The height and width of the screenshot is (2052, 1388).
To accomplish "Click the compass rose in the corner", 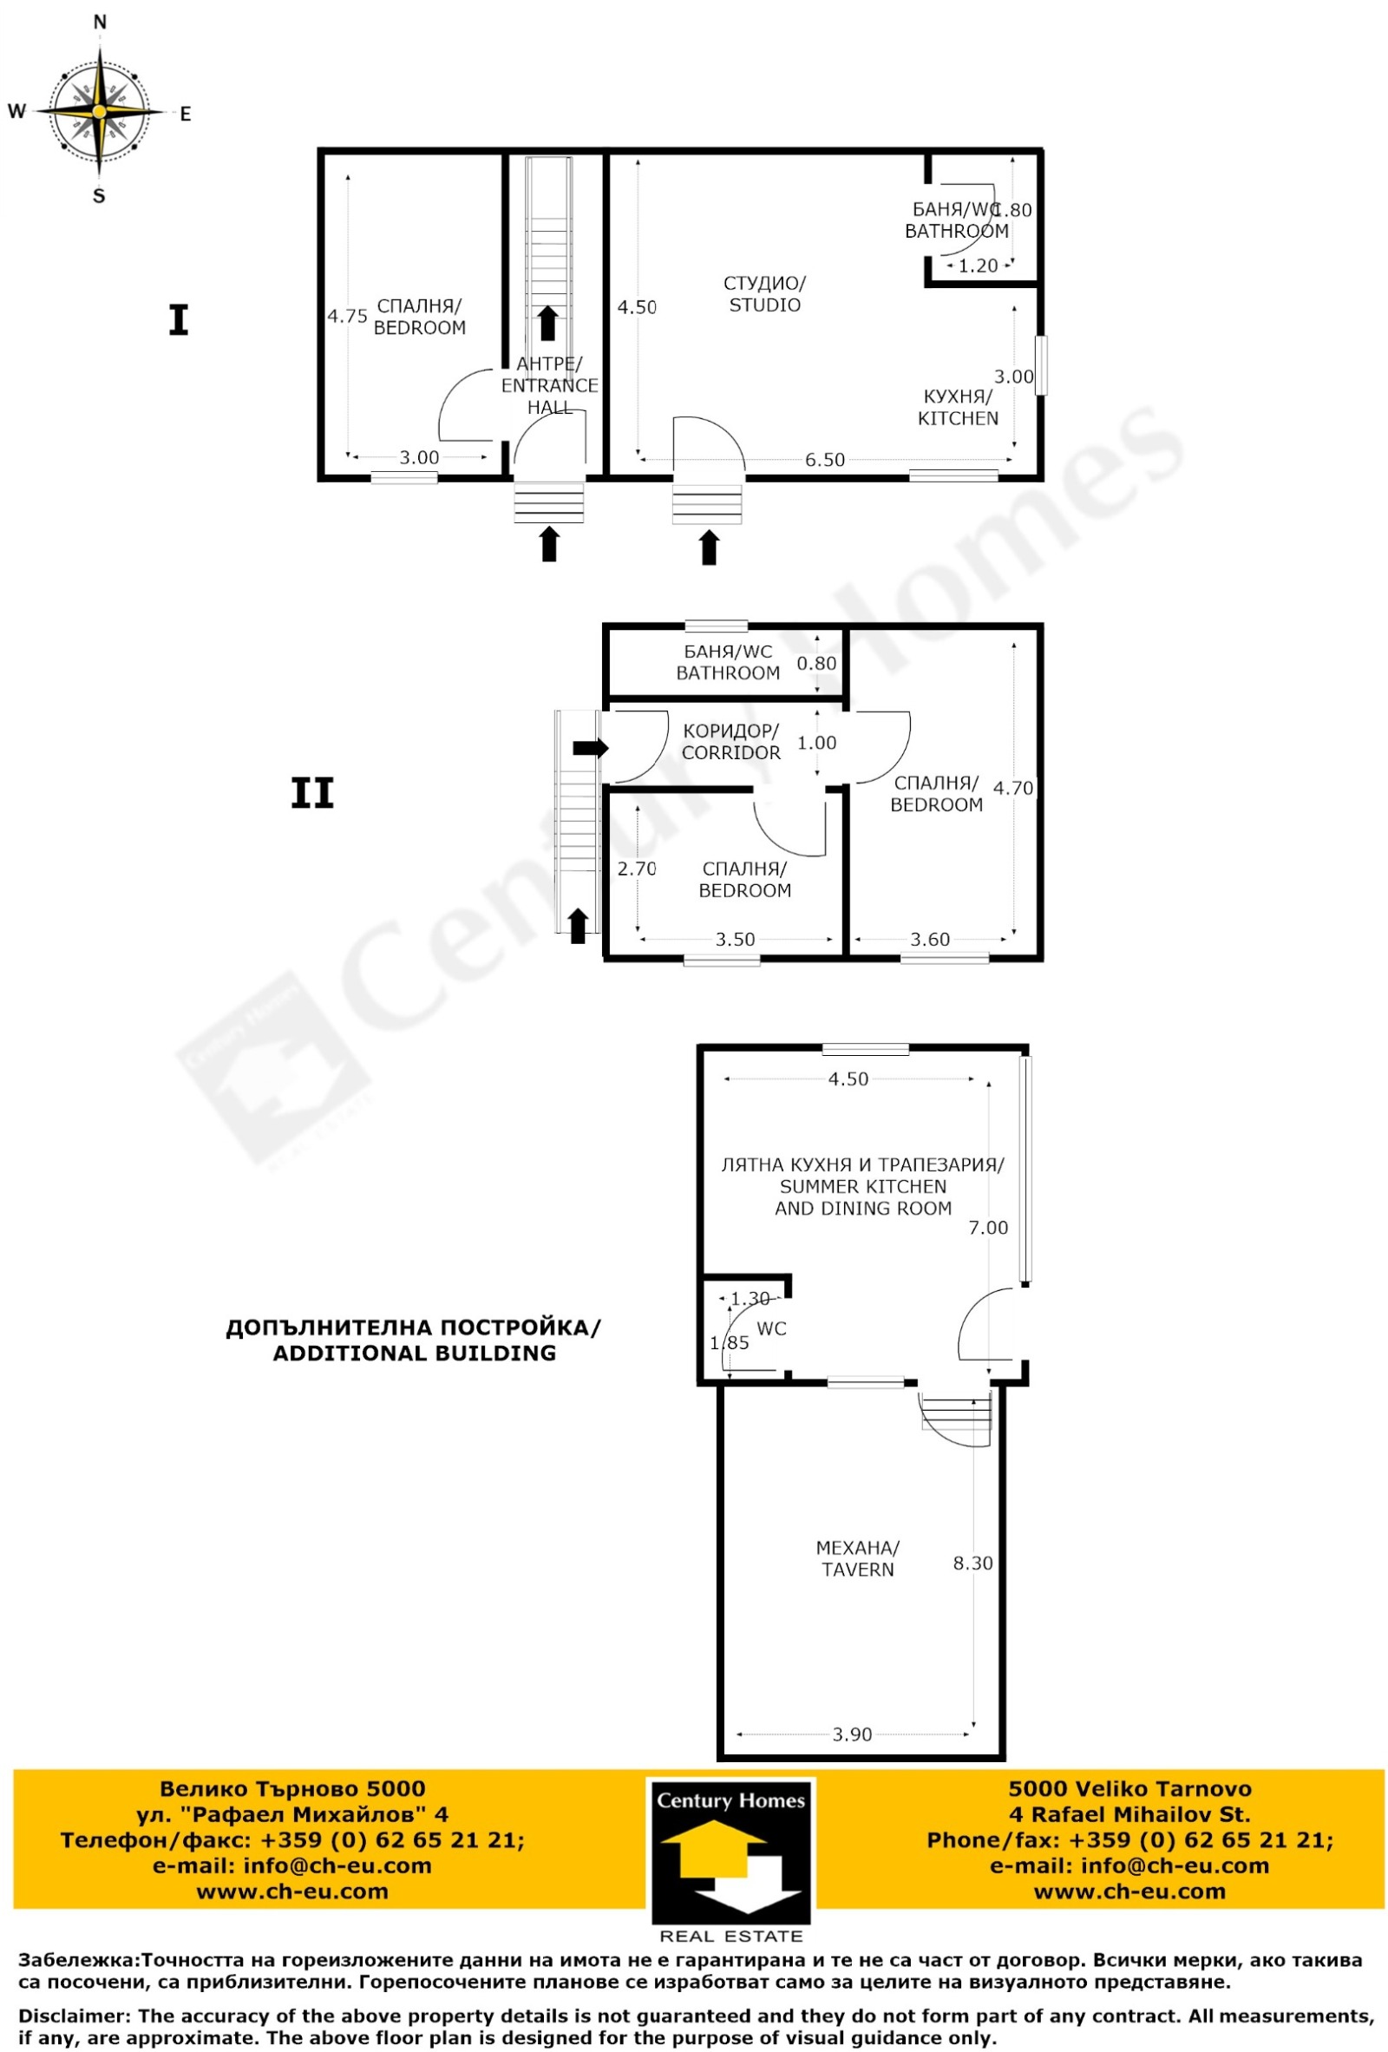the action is (x=100, y=112).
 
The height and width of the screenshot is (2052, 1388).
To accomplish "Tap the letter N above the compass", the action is (x=100, y=22).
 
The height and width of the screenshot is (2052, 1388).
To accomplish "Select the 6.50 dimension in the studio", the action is (x=825, y=460).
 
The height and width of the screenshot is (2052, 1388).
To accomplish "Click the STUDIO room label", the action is (x=764, y=294).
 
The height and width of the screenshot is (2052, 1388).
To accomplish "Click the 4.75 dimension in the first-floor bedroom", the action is (x=348, y=316).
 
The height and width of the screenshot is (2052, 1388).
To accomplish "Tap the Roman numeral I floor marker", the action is (x=179, y=320).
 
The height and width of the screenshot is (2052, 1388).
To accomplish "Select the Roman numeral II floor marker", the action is (x=312, y=794).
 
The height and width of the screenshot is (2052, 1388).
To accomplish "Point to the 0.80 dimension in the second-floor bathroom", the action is (x=816, y=663).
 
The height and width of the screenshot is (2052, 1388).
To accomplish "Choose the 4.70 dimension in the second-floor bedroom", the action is (x=1012, y=788).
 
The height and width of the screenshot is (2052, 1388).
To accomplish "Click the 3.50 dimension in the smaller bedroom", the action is (x=735, y=940).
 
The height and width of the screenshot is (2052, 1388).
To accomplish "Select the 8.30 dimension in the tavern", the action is (x=972, y=1563).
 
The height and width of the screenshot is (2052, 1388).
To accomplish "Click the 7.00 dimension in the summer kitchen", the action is (x=988, y=1228).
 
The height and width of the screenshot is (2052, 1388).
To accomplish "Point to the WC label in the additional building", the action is (x=772, y=1329).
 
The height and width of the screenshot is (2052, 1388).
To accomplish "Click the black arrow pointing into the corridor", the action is (x=591, y=748).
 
